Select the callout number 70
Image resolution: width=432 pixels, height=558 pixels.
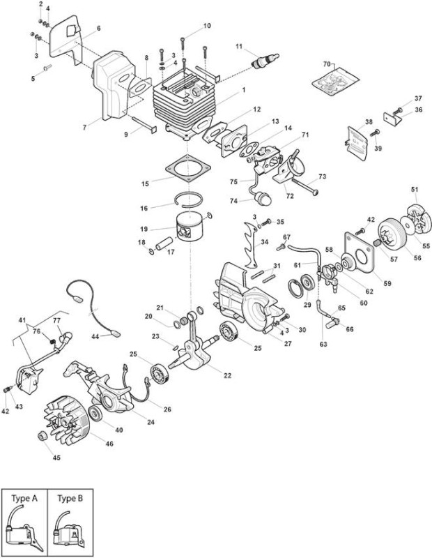(x=327, y=64)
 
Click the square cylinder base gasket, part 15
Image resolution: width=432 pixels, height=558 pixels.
(x=188, y=168)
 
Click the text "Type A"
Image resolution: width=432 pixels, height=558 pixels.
(x=24, y=499)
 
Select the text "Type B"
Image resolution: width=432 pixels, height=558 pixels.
(x=70, y=499)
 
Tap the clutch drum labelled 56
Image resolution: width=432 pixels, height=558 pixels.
(x=391, y=232)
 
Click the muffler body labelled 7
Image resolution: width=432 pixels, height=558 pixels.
(x=113, y=85)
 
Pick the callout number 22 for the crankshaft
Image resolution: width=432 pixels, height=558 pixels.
(x=227, y=375)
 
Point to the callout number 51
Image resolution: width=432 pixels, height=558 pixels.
(x=415, y=189)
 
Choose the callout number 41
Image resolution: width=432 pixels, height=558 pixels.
(x=22, y=320)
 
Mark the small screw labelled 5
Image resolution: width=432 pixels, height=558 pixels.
(x=47, y=66)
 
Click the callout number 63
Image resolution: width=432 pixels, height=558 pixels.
(x=323, y=344)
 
